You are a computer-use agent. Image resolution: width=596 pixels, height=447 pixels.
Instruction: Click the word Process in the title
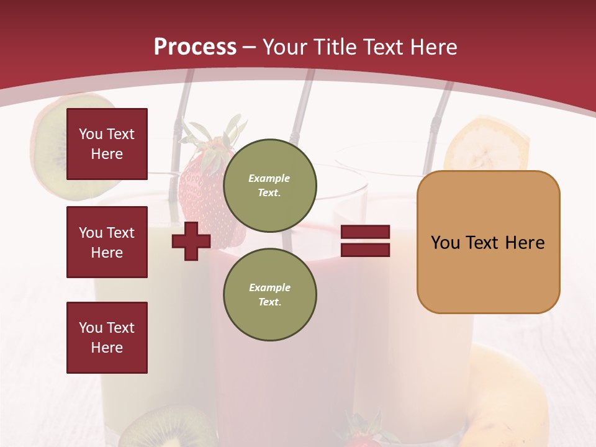pyautogui.click(x=195, y=47)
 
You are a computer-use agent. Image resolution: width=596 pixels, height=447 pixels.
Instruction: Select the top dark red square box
pyautogui.click(x=107, y=144)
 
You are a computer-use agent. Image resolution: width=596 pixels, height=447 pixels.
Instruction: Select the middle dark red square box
pyautogui.click(x=107, y=242)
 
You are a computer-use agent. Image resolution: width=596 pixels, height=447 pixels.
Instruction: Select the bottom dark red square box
pyautogui.click(x=107, y=338)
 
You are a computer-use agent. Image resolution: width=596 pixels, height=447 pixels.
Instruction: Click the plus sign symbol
pyautogui.click(x=191, y=241)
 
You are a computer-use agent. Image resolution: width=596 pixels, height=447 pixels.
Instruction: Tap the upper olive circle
pyautogui.click(x=269, y=186)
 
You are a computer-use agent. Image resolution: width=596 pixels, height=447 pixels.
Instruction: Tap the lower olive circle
pyautogui.click(x=269, y=295)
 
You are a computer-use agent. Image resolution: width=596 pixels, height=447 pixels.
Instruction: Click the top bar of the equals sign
pyautogui.click(x=365, y=232)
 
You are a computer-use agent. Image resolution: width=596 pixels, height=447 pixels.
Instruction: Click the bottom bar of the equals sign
pyautogui.click(x=365, y=250)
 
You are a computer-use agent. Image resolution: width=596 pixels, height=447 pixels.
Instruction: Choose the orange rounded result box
pyautogui.click(x=488, y=242)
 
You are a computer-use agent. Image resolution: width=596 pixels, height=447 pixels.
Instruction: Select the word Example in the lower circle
pyautogui.click(x=269, y=287)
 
